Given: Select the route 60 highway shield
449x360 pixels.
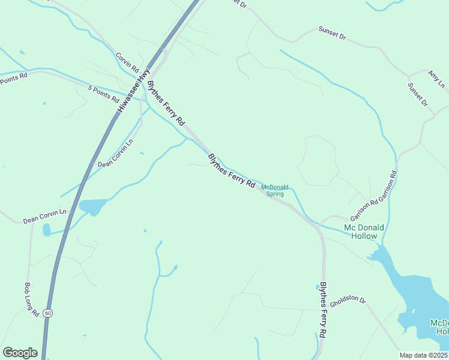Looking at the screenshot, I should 48,313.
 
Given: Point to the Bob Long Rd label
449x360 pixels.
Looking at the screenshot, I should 31,299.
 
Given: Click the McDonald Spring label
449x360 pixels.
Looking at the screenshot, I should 276,190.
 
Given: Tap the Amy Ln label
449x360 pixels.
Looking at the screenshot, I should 436,79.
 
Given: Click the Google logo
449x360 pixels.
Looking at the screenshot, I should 20,353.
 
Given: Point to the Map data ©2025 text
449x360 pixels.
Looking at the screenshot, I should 424,355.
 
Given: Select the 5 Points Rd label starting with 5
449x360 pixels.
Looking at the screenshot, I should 104,94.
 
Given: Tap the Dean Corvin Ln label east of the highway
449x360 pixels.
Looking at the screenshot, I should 115,154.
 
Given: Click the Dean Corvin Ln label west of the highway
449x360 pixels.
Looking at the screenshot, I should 45,216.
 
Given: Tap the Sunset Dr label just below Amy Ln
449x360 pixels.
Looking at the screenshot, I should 417,94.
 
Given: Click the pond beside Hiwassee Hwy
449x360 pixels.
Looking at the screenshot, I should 92,206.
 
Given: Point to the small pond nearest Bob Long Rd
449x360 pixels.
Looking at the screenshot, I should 47,230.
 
